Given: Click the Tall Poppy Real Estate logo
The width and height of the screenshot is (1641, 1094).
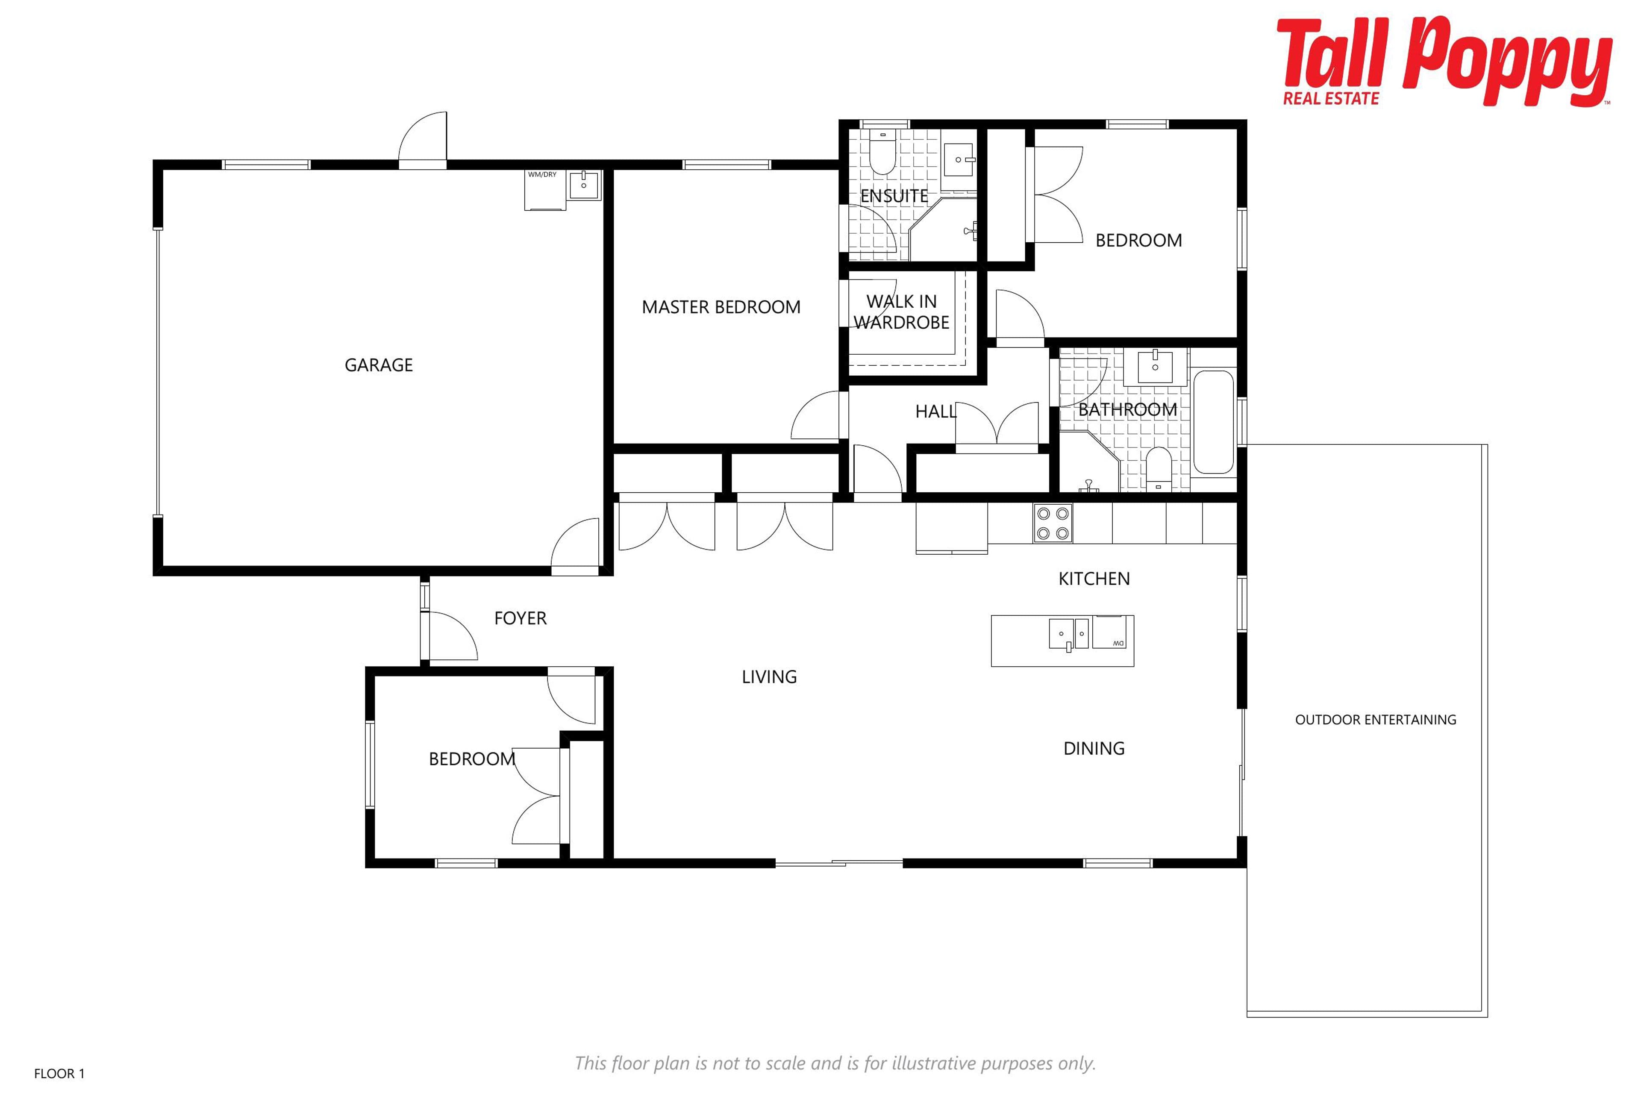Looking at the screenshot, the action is pyautogui.click(x=1444, y=62).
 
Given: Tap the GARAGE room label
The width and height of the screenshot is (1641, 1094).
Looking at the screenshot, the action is pyautogui.click(x=379, y=365).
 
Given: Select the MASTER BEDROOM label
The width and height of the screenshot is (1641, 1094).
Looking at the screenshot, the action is pyautogui.click(x=721, y=307).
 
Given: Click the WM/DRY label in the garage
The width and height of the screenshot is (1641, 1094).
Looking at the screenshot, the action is pyautogui.click(x=542, y=174).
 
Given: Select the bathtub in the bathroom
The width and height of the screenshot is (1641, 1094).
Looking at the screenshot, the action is pyautogui.click(x=1213, y=422).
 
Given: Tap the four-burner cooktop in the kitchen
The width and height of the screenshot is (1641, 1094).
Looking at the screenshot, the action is pyautogui.click(x=1053, y=523).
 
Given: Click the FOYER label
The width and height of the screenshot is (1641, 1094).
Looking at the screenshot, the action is pyautogui.click(x=521, y=618).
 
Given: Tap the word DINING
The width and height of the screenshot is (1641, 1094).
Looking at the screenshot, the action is pyautogui.click(x=1094, y=749).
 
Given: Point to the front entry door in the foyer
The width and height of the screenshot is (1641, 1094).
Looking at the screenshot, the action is pyautogui.click(x=450, y=635).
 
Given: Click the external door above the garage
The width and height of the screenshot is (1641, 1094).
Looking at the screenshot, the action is pyautogui.click(x=423, y=140).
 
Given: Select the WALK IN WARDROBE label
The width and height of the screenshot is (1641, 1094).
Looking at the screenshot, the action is pyautogui.click(x=901, y=312).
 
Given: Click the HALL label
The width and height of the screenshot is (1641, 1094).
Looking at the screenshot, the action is pyautogui.click(x=935, y=412).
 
